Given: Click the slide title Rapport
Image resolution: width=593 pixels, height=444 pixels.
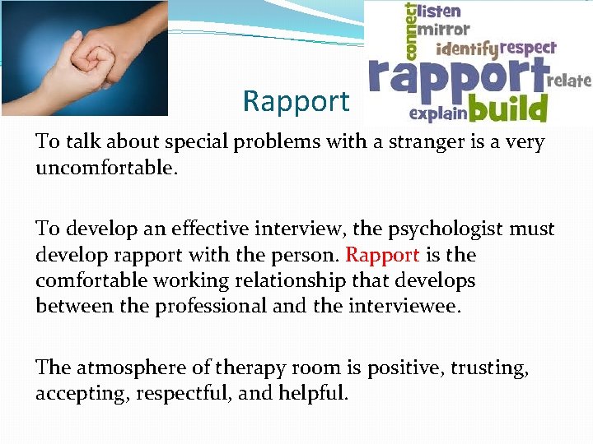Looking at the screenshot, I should (296, 102).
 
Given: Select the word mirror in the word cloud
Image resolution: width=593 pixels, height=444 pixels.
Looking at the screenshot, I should (445, 30).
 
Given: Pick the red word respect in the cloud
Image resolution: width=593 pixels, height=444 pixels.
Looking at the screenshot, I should (528, 49).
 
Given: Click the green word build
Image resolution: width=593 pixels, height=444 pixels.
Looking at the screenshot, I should (509, 108).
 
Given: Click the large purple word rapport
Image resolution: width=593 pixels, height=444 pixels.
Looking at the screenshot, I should (457, 79).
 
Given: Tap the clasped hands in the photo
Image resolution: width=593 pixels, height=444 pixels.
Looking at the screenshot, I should (91, 62).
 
